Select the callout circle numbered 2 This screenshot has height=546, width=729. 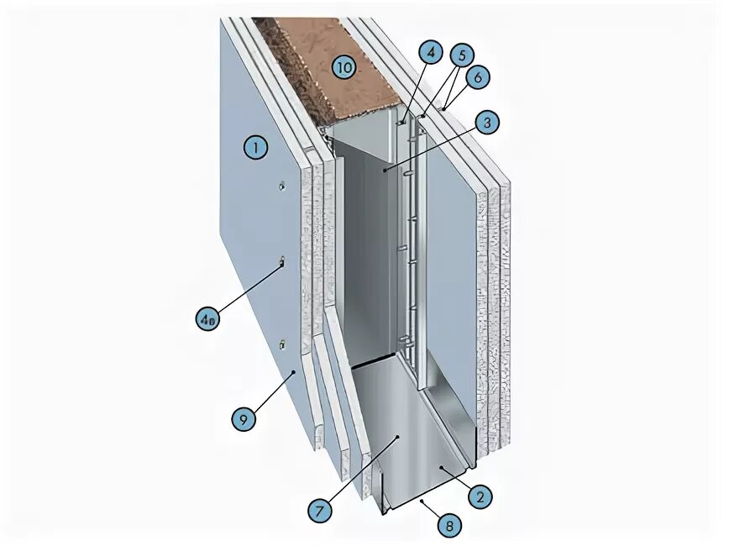480,496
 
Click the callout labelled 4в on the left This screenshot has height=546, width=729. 207,318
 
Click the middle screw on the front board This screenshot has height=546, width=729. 283,264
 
